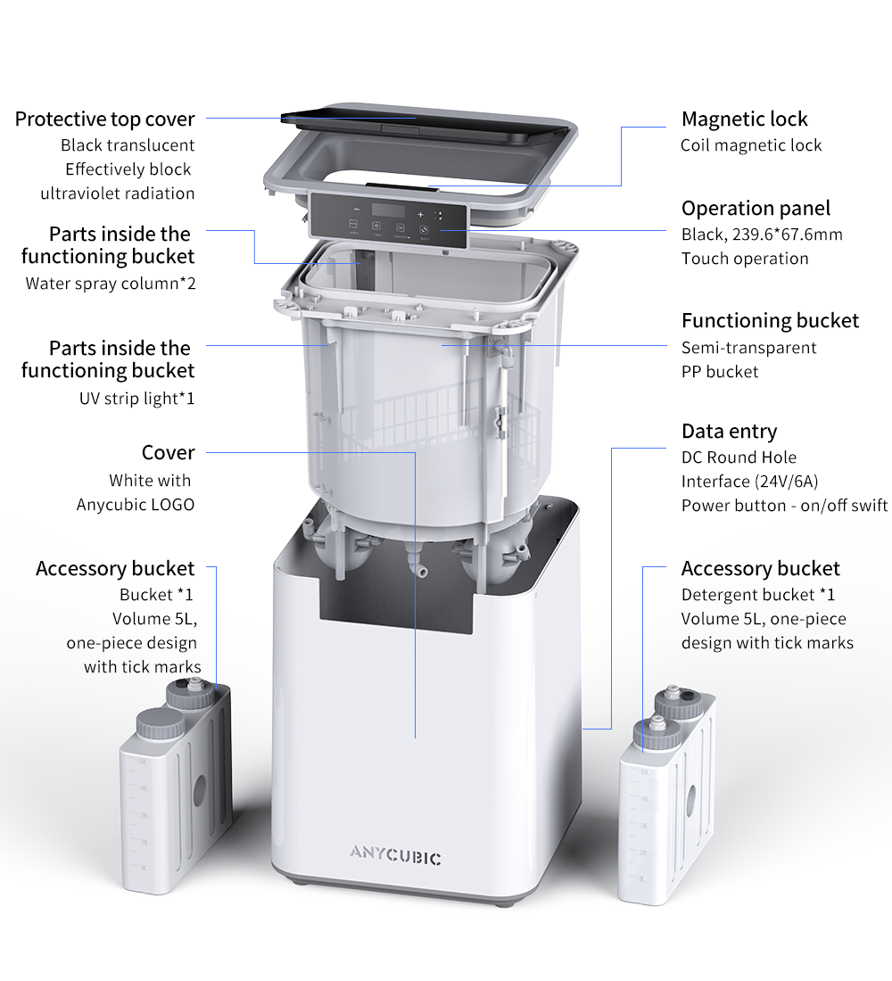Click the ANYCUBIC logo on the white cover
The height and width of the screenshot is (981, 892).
coord(395,854)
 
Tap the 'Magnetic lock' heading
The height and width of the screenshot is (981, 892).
coord(744,119)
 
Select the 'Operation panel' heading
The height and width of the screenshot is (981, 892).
coord(756,208)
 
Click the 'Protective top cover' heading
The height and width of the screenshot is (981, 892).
coord(105,119)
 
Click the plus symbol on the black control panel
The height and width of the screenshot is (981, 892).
coord(420,215)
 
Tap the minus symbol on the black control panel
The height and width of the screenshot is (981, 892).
coord(356,209)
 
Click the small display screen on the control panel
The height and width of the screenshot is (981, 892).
coord(388,210)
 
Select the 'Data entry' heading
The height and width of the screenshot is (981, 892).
coord(730,431)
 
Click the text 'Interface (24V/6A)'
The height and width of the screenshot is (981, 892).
coord(750,481)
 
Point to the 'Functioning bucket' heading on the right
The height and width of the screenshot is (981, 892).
coord(770,320)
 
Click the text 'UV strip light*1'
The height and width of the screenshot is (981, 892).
coord(137,399)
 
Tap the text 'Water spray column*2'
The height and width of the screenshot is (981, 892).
coord(111,284)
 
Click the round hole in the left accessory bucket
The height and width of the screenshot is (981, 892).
coord(200,791)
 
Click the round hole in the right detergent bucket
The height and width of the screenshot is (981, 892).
coord(691,800)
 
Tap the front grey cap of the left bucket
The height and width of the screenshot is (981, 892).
coord(161,724)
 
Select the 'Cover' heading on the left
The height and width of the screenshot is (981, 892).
coord(169,452)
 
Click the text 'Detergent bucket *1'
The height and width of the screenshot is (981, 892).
coord(758,594)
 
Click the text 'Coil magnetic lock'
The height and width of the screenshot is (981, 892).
coord(751,145)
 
